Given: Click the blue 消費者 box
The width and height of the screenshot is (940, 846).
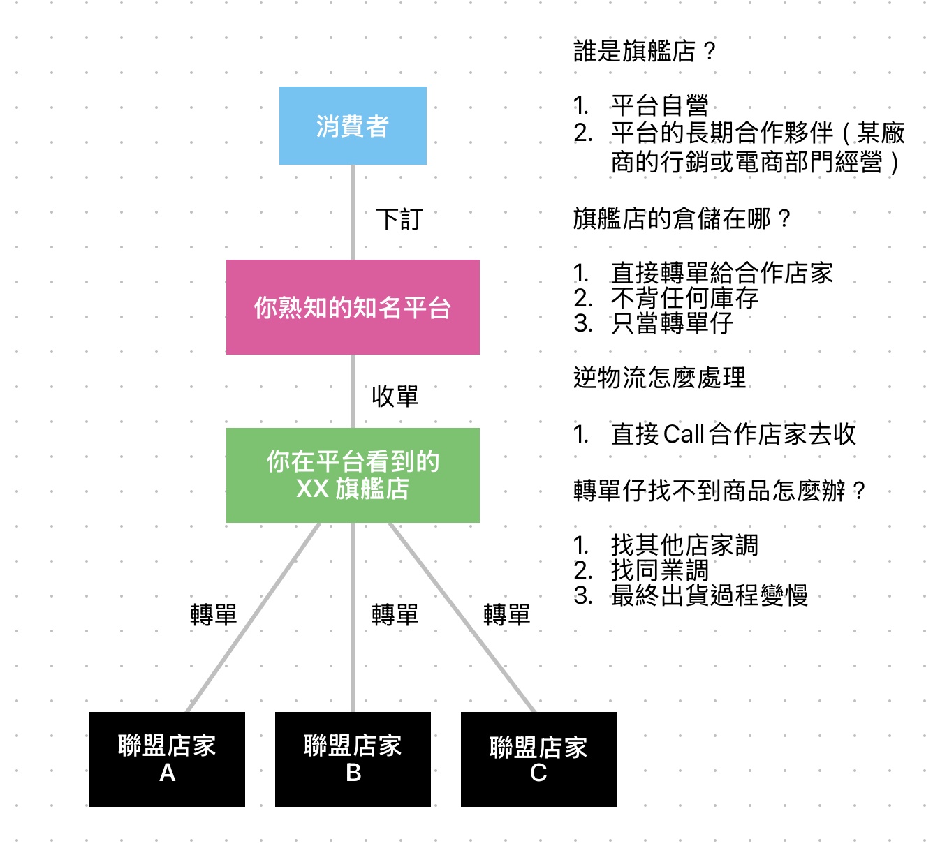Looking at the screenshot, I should click(x=353, y=126).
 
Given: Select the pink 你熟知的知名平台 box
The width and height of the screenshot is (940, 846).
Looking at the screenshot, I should click(x=353, y=307).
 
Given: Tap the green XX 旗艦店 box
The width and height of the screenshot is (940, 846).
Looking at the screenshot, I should click(x=353, y=475).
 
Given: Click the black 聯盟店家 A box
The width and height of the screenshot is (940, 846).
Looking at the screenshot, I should click(x=167, y=759).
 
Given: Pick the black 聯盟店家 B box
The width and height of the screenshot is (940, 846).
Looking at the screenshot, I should click(x=353, y=759).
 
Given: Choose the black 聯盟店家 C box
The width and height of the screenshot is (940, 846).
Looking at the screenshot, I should click(x=538, y=759).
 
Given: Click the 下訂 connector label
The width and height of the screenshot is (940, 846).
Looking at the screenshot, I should click(x=399, y=219).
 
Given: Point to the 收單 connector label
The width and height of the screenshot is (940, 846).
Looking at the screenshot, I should click(x=395, y=396).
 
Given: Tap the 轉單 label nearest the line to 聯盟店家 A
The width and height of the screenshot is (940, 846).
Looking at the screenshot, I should click(x=214, y=615).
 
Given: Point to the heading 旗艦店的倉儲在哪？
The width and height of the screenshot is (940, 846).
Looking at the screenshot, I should click(x=682, y=218).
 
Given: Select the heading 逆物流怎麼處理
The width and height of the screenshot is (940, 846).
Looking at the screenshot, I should click(x=659, y=378).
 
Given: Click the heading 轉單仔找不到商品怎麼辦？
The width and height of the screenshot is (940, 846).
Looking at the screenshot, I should click(x=719, y=490).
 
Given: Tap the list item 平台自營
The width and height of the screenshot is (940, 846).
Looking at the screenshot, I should click(x=659, y=105).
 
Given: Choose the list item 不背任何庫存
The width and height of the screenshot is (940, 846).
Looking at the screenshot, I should click(x=684, y=298).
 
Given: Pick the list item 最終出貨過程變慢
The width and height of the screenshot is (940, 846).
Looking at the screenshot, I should click(x=709, y=595).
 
